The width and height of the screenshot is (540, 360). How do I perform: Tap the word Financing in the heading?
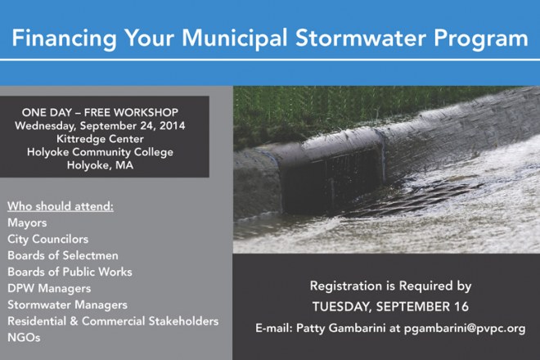point(65,39)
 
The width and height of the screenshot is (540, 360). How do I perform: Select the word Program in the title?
point(481,39)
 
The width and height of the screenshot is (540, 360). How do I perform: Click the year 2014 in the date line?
point(172,125)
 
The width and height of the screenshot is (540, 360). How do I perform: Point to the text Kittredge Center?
point(100,139)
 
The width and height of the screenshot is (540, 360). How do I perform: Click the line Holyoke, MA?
point(100,165)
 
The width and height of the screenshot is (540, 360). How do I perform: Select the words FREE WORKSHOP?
point(131,112)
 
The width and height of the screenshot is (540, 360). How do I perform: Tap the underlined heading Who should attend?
point(61,206)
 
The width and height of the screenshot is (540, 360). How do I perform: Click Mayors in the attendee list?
point(27,223)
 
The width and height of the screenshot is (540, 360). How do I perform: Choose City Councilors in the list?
point(48,239)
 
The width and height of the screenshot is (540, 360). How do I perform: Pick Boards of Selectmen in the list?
point(63,255)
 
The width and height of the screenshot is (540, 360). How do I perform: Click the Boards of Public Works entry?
point(70,272)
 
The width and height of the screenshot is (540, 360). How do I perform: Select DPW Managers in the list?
point(49,288)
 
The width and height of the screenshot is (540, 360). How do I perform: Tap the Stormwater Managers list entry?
point(67,305)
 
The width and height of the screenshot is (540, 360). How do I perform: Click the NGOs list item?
point(24,338)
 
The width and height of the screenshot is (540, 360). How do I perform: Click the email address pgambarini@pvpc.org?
point(465,328)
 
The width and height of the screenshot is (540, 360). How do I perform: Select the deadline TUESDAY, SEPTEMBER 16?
point(390,307)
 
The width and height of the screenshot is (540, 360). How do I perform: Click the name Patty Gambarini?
point(341,328)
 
